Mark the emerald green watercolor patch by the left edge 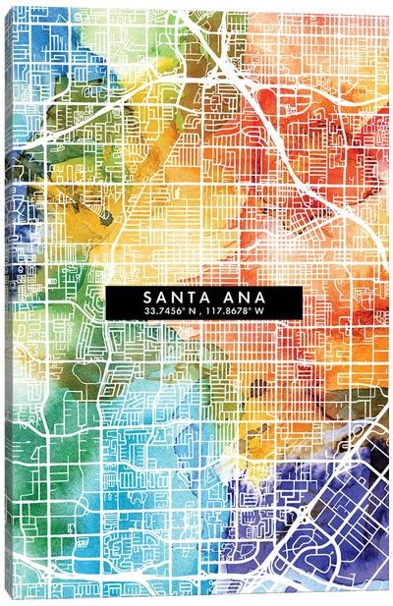29,393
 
